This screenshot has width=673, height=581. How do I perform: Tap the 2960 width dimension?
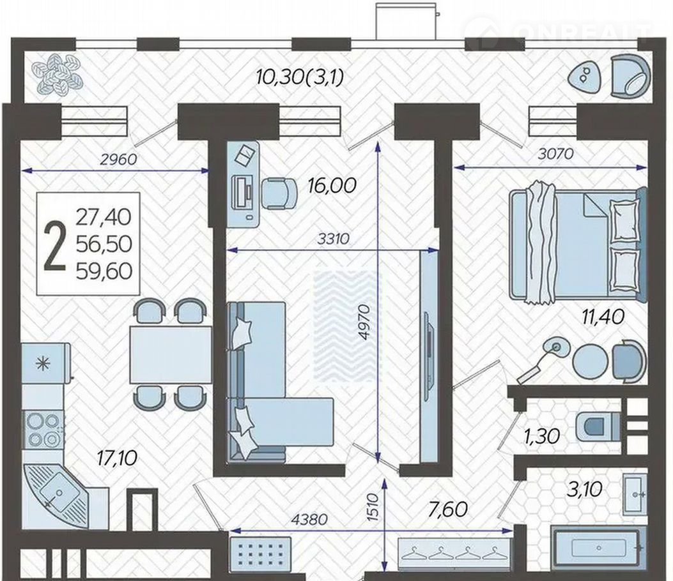point(118,160)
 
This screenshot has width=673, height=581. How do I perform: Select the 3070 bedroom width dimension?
point(555,154)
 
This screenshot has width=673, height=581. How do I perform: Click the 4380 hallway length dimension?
point(309,520)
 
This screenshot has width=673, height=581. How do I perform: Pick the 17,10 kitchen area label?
point(117,458)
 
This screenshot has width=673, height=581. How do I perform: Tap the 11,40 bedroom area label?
point(603,317)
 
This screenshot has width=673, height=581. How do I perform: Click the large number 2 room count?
point(55,247)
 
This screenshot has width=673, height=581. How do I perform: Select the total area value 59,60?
point(104,271)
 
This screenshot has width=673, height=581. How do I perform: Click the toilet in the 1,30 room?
point(598,427)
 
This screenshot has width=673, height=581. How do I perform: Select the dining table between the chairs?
point(171,354)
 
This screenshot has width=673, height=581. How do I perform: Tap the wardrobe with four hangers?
point(455,553)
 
